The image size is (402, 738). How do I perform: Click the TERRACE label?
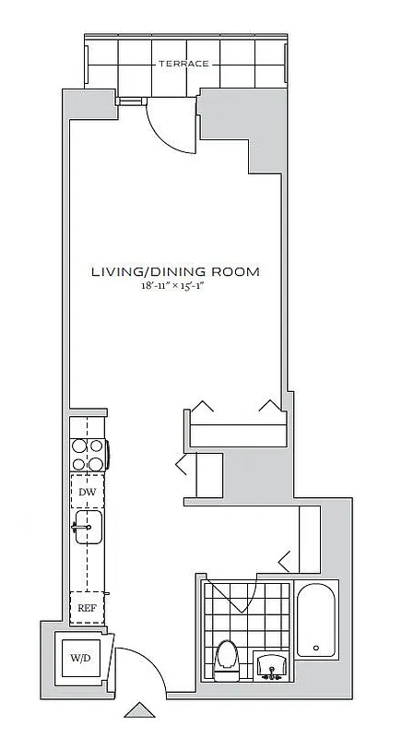point(183,64)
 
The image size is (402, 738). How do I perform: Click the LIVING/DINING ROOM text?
point(174,272)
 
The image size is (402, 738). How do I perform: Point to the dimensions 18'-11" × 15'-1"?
point(174,288)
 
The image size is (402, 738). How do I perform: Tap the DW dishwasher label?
point(88,493)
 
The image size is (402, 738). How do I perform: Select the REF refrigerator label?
point(88,608)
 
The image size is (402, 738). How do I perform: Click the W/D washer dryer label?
point(78,658)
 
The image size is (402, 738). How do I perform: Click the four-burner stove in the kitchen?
point(88,453)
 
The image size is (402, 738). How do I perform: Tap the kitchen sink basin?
point(89,528)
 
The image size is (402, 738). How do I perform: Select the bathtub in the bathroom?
point(317,620)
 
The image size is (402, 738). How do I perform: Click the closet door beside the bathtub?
point(287,558)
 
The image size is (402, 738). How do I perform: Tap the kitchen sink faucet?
point(77,528)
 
